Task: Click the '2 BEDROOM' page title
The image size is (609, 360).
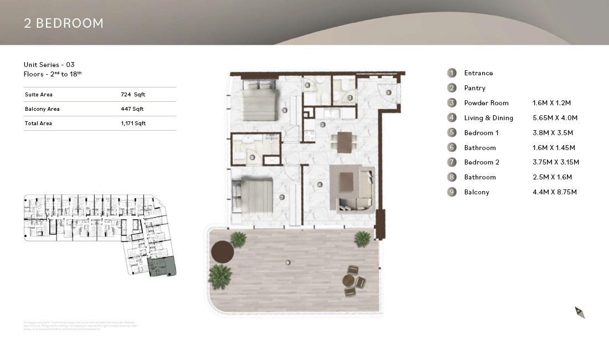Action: coord(64,23)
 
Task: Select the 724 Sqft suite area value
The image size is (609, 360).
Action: coord(132,95)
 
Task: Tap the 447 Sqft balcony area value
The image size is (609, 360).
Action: coord(132,109)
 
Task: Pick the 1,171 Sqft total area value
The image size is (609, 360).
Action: coord(133,124)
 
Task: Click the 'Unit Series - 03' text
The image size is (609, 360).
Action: coord(49,65)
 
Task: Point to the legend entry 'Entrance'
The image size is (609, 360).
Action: coord(478,73)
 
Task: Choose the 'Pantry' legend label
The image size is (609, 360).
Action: coord(474,88)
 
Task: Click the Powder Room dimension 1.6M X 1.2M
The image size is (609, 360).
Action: coord(551,103)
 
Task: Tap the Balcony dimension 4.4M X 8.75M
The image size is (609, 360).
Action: coord(554,192)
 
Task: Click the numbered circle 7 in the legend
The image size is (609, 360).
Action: coord(452,162)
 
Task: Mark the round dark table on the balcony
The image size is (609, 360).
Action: coord(222,253)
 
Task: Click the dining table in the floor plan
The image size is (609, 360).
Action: coord(344,142)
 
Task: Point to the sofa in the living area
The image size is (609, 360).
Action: coord(354,188)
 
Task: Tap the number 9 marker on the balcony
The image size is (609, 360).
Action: coord(288,263)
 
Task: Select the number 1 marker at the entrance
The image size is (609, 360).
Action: coord(388,92)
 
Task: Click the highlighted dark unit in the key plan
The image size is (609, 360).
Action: coord(162,268)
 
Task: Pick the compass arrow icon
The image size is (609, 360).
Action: coord(580,312)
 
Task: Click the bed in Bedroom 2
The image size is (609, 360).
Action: coord(254,195)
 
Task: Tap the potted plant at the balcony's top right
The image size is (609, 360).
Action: coord(363,239)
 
